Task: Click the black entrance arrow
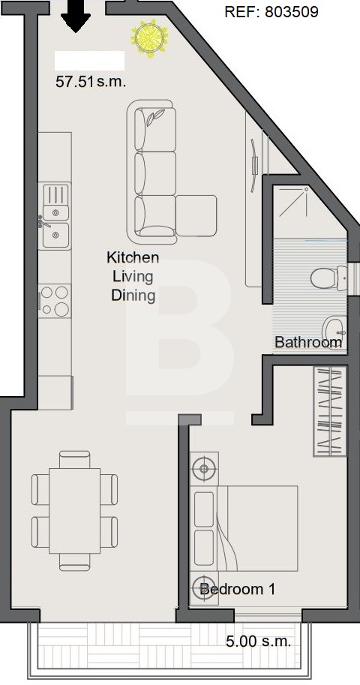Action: tap(76, 17)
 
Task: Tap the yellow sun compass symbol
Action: tap(149, 38)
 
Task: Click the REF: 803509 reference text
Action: tap(271, 12)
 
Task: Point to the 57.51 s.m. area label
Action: tap(91, 82)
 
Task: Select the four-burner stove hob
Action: tap(55, 300)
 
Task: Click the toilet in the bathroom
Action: tap(329, 278)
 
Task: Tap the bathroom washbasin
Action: tap(334, 330)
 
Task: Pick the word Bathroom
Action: tap(308, 342)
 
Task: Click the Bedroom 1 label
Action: tap(237, 589)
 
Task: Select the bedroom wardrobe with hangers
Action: tap(330, 411)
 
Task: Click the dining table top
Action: tap(75, 511)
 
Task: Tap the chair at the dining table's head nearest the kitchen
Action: tap(75, 460)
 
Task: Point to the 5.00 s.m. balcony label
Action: tap(258, 641)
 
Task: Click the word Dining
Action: tap(133, 296)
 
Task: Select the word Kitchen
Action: tap(133, 257)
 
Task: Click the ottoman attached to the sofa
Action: tap(196, 216)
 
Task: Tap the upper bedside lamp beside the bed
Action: tap(204, 470)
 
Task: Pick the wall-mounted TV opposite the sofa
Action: tap(254, 165)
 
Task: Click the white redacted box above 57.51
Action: tap(89, 61)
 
